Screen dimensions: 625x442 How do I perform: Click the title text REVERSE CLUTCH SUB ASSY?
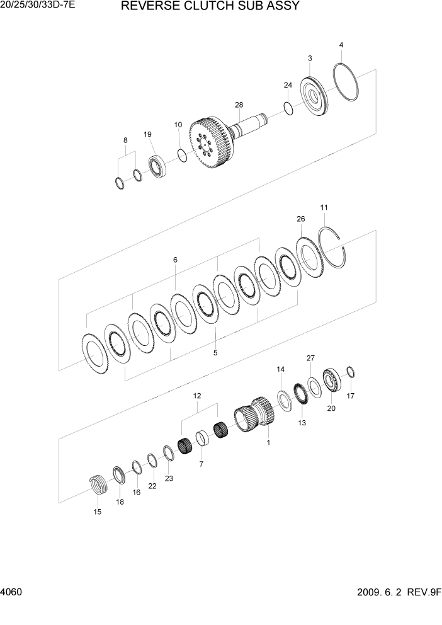click(x=210, y=7)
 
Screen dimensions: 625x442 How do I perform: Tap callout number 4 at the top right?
click(x=341, y=45)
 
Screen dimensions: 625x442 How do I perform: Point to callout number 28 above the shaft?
click(x=239, y=105)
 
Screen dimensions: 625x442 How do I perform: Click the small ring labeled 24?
click(x=288, y=108)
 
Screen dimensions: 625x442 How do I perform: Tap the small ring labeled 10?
click(x=182, y=155)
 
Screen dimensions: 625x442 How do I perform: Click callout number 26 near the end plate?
click(x=300, y=219)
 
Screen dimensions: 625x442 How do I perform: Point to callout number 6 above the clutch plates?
click(x=175, y=260)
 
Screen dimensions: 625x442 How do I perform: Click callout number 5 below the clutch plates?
click(x=215, y=353)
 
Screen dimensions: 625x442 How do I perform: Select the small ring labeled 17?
click(x=351, y=373)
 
